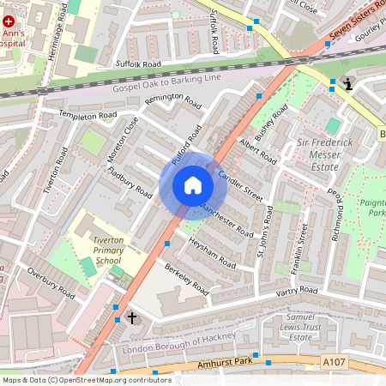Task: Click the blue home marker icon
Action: (193, 185)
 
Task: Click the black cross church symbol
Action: (132, 317)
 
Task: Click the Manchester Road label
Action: (226, 220)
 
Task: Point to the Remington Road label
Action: (172, 101)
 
